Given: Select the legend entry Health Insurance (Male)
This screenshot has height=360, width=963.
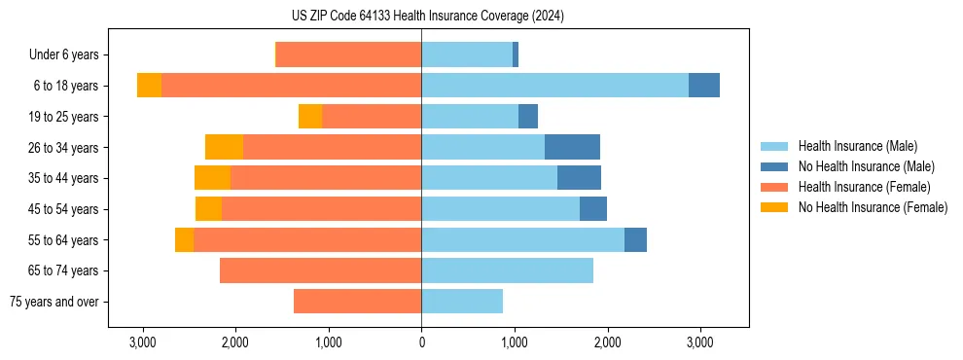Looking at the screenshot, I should point(857,146).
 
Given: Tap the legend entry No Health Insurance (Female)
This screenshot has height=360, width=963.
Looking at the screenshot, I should point(873,207).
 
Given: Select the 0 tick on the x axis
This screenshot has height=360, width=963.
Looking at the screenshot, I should point(421,342).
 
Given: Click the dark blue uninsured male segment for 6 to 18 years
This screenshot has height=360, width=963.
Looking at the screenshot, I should point(704,86).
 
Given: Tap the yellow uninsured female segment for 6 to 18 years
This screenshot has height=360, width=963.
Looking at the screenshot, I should point(149,86).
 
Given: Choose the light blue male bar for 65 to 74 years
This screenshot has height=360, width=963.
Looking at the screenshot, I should point(507,270).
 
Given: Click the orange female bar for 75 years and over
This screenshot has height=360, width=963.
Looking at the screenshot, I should point(357,302).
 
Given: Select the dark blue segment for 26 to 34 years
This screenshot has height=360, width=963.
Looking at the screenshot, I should point(572,147).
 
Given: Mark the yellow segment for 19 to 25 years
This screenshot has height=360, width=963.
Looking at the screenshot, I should point(310,117).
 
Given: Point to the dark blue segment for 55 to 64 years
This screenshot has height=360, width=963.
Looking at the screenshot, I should point(635,239).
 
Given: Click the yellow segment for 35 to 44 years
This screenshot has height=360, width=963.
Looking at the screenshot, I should point(212,178).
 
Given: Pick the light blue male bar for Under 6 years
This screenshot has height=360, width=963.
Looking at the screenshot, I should point(467,55).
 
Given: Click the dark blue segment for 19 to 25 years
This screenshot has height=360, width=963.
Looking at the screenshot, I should point(528,117).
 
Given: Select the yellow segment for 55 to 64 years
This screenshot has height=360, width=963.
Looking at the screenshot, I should point(184,239).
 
